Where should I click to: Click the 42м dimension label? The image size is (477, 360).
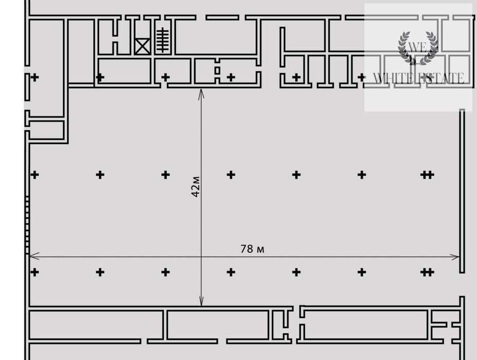(x=196, y=186)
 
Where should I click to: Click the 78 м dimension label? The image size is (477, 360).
(x=252, y=249)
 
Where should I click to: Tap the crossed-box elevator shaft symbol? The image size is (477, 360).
(x=143, y=46)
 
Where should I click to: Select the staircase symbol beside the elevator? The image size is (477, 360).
(x=163, y=40)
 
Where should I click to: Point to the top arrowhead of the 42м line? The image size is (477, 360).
(x=201, y=90)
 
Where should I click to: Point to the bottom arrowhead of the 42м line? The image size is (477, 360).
(x=201, y=305)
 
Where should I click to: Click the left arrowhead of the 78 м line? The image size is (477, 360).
(x=30, y=256)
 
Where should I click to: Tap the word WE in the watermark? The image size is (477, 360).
(x=417, y=47)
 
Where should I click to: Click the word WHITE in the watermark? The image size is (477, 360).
(x=393, y=78)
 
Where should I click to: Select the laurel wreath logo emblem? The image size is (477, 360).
(x=418, y=48)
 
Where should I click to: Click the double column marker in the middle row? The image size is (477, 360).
(x=427, y=175)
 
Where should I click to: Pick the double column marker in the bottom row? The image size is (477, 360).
(x=427, y=272)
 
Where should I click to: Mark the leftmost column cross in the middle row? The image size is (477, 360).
(x=34, y=175)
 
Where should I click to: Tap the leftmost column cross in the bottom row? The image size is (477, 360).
(x=34, y=272)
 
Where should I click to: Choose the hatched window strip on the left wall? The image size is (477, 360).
(x=27, y=225)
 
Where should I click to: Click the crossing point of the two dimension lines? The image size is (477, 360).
(x=201, y=257)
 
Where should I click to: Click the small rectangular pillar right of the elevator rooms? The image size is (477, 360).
(x=217, y=71)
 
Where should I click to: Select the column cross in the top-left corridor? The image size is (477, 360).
(x=34, y=77)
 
